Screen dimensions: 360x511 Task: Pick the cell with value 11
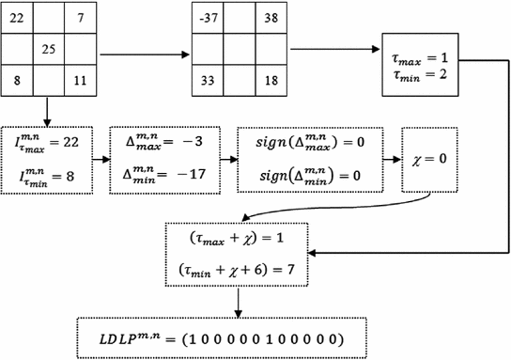point(82,81)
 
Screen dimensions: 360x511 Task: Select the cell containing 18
point(271,81)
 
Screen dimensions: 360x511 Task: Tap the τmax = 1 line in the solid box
point(424,58)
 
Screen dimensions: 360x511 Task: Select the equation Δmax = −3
point(159,141)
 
